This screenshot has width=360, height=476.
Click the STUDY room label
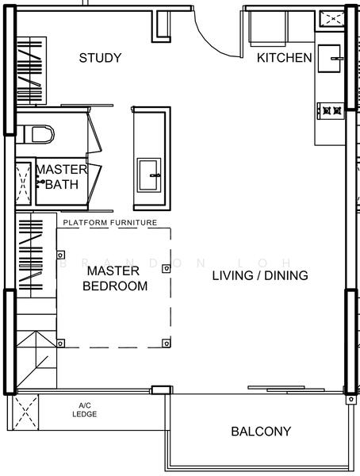pyautogui.click(x=100, y=58)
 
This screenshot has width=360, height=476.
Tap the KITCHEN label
pyautogui.click(x=285, y=58)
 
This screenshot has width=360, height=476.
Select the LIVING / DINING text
pyautogui.click(x=260, y=275)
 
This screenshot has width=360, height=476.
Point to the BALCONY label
pyautogui.click(x=261, y=431)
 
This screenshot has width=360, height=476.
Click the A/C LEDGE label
pyautogui.click(x=85, y=410)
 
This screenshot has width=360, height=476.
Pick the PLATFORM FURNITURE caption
pyautogui.click(x=110, y=222)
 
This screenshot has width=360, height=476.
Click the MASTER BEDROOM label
pyautogui.click(x=115, y=278)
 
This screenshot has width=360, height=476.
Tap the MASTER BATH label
pyautogui.click(x=62, y=177)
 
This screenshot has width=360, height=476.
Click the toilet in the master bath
pyautogui.click(x=36, y=134)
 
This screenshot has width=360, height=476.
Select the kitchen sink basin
pyautogui.click(x=329, y=58)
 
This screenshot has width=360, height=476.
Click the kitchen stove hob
pyautogui.click(x=331, y=111)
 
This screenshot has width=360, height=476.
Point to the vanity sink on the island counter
pyautogui.click(x=149, y=175)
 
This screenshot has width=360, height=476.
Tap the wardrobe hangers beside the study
pyautogui.click(x=30, y=71)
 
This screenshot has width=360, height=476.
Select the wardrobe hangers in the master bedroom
pyautogui.click(x=30, y=255)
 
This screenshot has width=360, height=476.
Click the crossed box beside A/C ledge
pyautogui.click(x=26, y=413)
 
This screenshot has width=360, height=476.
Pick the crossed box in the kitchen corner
pyautogui.click(x=333, y=19)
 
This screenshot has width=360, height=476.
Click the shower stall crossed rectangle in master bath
pyautogui.click(x=23, y=183)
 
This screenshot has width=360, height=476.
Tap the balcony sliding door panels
pyautogui.click(x=286, y=390)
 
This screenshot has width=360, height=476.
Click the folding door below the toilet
pyautogui.click(x=94, y=182)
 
